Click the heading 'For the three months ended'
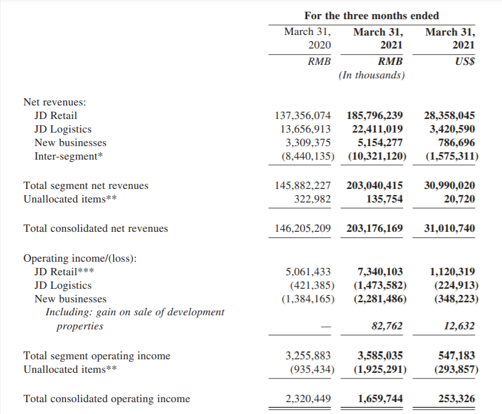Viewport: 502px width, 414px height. (x=372, y=15)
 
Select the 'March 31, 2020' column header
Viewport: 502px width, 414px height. (x=307, y=38)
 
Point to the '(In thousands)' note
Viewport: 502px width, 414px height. (x=372, y=75)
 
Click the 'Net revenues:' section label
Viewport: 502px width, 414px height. (x=55, y=102)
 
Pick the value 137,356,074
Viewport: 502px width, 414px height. (x=303, y=116)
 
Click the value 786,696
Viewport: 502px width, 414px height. (x=455, y=143)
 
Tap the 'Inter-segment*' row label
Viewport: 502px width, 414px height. (x=69, y=156)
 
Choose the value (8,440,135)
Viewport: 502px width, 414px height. (x=306, y=156)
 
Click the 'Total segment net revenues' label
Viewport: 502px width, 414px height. (x=86, y=186)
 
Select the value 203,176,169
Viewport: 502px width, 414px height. (x=372, y=228)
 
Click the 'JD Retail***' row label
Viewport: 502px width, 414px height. (x=64, y=272)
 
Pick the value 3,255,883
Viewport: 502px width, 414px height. (x=308, y=356)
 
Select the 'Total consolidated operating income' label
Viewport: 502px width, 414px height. (x=107, y=399)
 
